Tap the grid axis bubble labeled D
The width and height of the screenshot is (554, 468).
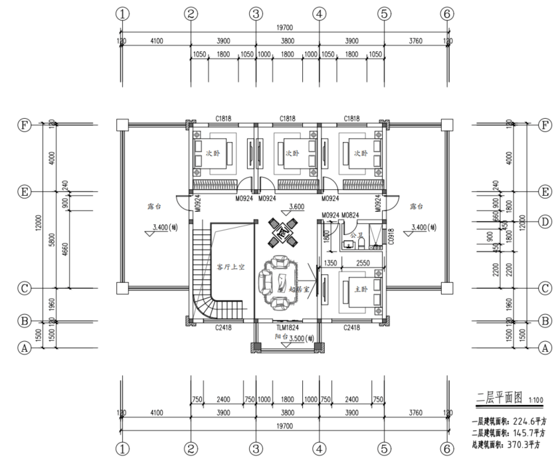click(545, 221)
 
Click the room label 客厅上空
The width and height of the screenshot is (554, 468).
click(231, 267)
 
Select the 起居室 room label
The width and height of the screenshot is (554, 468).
click(297, 290)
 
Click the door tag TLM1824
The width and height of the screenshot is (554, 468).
click(287, 328)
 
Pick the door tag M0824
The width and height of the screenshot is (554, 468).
click(350, 215)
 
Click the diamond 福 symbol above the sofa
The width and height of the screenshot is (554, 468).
click(282, 233)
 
